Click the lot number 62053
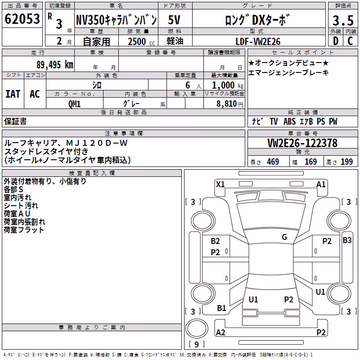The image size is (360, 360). pos(22,19)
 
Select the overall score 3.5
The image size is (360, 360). pos(343,20)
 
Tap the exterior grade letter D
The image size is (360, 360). pos(336,41)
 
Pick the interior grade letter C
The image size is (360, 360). pos(350,41)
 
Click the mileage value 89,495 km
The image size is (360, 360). pos(55,65)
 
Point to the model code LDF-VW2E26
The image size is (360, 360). pos(258,41)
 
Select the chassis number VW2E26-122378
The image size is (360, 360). pos(302,143)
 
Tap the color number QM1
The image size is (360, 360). pos(74,104)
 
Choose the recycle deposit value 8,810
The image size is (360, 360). pos(227,103)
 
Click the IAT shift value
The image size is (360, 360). pos(13,94)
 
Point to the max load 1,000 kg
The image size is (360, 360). pos(228,85)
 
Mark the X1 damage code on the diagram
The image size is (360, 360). pos(220,184)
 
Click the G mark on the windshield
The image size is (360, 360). pos(284,237)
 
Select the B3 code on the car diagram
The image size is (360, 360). pos(347,240)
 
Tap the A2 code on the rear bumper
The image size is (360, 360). pos(220,332)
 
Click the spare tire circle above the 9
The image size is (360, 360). pos(197,328)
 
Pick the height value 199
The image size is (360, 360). pos(346,162)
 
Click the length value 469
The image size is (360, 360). pos(273,162)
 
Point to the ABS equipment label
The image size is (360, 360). pos(289,121)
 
